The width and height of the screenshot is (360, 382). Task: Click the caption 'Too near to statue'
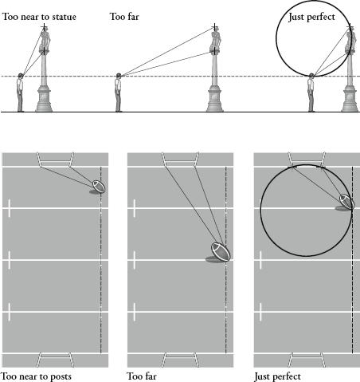click(x=39, y=17)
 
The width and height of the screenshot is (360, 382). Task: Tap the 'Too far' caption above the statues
click(x=124, y=17)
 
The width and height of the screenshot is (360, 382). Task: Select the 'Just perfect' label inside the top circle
click(x=311, y=17)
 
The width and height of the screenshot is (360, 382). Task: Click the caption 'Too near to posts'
click(x=36, y=376)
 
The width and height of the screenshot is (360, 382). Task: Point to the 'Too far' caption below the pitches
click(x=142, y=376)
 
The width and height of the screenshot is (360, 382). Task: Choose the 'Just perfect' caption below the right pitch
click(x=277, y=376)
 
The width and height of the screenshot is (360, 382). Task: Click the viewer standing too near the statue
click(x=20, y=93)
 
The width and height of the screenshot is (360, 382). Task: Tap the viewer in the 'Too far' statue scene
click(x=118, y=93)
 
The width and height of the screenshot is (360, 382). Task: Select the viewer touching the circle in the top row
click(x=311, y=93)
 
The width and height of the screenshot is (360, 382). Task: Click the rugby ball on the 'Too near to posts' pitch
click(x=99, y=186)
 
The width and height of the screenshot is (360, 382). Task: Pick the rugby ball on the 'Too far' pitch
click(x=221, y=252)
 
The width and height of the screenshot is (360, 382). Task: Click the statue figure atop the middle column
click(x=216, y=38)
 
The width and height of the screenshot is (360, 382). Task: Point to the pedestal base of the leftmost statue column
click(x=44, y=98)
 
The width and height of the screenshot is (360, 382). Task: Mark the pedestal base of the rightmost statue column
click(x=350, y=98)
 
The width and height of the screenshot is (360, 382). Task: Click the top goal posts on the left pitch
click(x=55, y=159)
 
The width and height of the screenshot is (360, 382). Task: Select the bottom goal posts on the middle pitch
click(x=181, y=360)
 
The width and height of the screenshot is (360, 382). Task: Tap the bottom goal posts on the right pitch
click(x=307, y=360)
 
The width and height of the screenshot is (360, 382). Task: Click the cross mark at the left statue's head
click(x=45, y=27)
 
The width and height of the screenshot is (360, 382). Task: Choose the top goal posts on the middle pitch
click(x=181, y=159)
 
